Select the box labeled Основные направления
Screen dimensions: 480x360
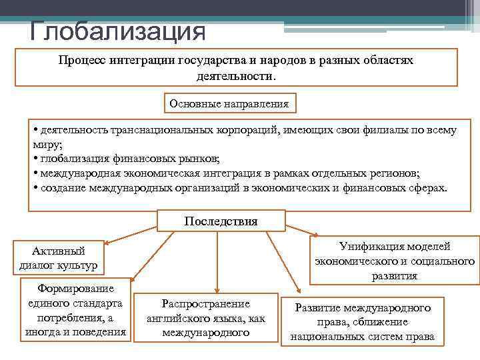(x=229, y=104)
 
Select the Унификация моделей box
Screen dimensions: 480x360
(x=395, y=261)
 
